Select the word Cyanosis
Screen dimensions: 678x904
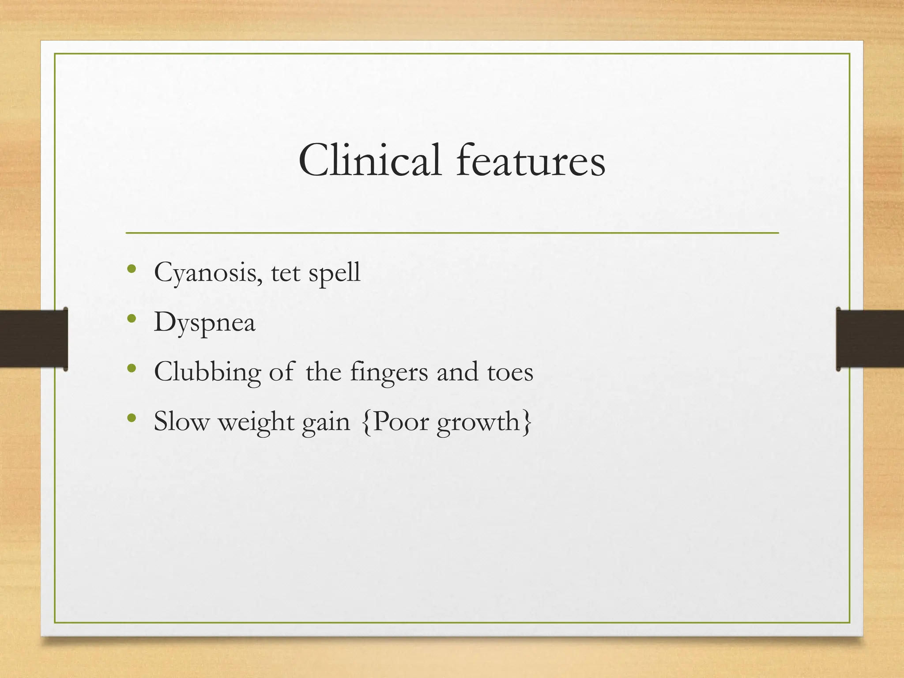coord(205,273)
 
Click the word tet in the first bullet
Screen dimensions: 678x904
coord(286,273)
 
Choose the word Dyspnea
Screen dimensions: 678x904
coord(204,323)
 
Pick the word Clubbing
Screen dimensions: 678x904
coord(207,372)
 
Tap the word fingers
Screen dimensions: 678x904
coord(389,372)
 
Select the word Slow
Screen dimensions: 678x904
coord(181,422)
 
